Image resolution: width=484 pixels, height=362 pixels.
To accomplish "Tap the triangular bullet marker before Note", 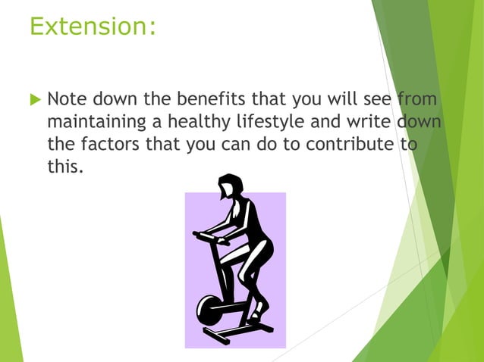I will pyautogui.click(x=33, y=99).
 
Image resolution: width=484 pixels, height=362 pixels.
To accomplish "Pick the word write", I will pyautogui.click(x=361, y=122).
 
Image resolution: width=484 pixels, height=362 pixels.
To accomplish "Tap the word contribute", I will pyautogui.click(x=350, y=145).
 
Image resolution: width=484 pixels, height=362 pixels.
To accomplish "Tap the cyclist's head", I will pyautogui.click(x=229, y=186).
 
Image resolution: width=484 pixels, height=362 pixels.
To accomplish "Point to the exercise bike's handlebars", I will pyautogui.click(x=209, y=237).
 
